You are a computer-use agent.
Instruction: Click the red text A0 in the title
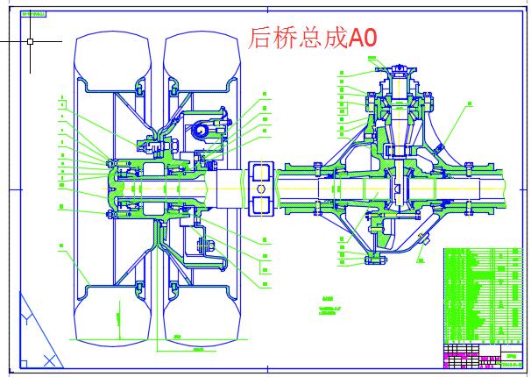(360, 39)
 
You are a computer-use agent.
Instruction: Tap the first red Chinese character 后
(261, 39)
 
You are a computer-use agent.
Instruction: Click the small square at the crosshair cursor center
(31, 41)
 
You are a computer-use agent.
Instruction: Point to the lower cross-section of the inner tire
(203, 316)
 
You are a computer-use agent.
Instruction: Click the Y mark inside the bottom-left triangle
(26, 321)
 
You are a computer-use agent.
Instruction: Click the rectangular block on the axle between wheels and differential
(260, 188)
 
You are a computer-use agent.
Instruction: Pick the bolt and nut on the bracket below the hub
(207, 245)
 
